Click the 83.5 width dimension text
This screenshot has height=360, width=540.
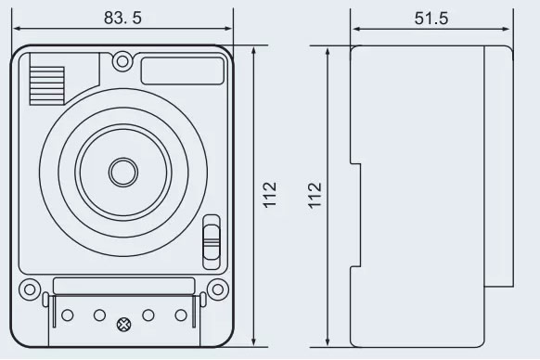[122, 17]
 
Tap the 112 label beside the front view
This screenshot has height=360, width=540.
[270, 195]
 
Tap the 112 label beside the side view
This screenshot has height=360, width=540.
[315, 195]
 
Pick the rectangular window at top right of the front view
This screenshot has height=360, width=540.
[183, 70]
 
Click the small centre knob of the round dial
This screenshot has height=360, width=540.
[122, 171]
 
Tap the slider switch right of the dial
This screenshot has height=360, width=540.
[212, 238]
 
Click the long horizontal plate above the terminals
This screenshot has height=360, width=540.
[123, 286]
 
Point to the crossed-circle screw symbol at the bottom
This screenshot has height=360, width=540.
[123, 325]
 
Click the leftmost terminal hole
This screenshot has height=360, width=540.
[67, 315]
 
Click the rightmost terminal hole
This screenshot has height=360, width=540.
[179, 315]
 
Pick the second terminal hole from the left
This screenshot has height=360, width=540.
[99, 315]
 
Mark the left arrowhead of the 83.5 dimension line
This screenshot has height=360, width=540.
[16, 30]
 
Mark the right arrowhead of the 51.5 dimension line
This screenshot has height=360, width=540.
[511, 30]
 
